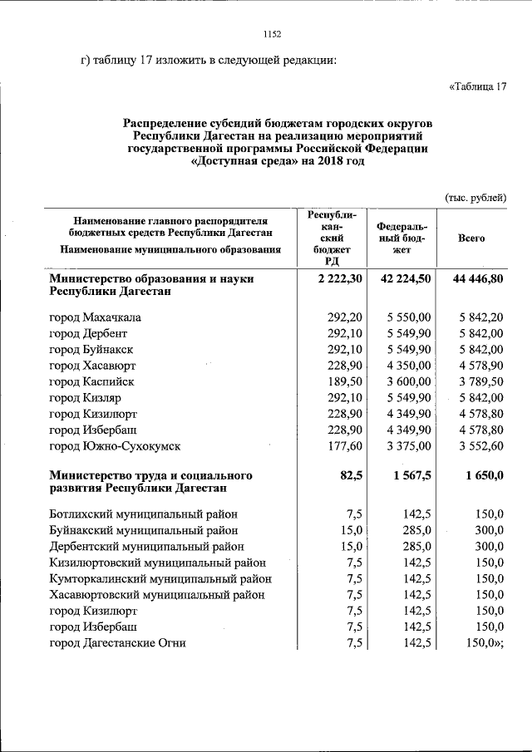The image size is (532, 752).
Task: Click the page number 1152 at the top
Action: click(273, 34)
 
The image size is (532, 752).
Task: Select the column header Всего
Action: click(471, 238)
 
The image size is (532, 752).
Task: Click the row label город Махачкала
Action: click(95, 317)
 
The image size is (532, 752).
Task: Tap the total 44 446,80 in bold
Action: click(478, 279)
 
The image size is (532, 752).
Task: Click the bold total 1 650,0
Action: click(482, 475)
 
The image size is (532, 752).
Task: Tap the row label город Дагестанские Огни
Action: click(117, 642)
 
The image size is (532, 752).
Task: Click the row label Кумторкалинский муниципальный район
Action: click(160, 578)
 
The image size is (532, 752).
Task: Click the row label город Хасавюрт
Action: click(92, 366)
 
